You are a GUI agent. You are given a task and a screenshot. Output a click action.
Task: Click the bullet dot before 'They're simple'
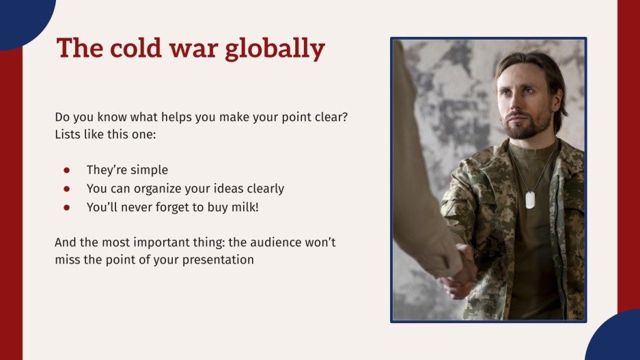[x=67, y=170]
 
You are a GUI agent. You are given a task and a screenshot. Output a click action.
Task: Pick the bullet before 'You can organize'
[x=67, y=189]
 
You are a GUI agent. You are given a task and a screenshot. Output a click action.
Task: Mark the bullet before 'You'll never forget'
[x=67, y=207]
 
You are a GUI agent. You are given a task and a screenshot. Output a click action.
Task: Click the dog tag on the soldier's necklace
[x=529, y=200]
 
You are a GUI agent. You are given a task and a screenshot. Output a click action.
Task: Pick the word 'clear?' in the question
[x=330, y=117]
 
